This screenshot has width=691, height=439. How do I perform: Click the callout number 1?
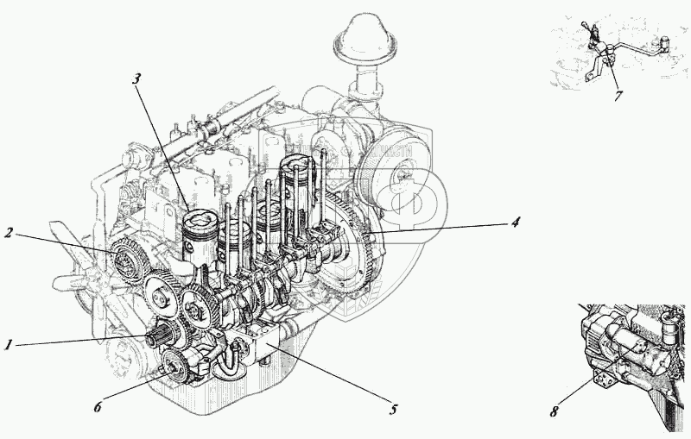pos(8,344)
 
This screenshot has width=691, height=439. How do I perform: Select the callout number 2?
pos(8,233)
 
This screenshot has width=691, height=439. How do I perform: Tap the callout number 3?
pos(136,78)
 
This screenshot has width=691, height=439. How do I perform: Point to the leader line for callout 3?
pos(160,147)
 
